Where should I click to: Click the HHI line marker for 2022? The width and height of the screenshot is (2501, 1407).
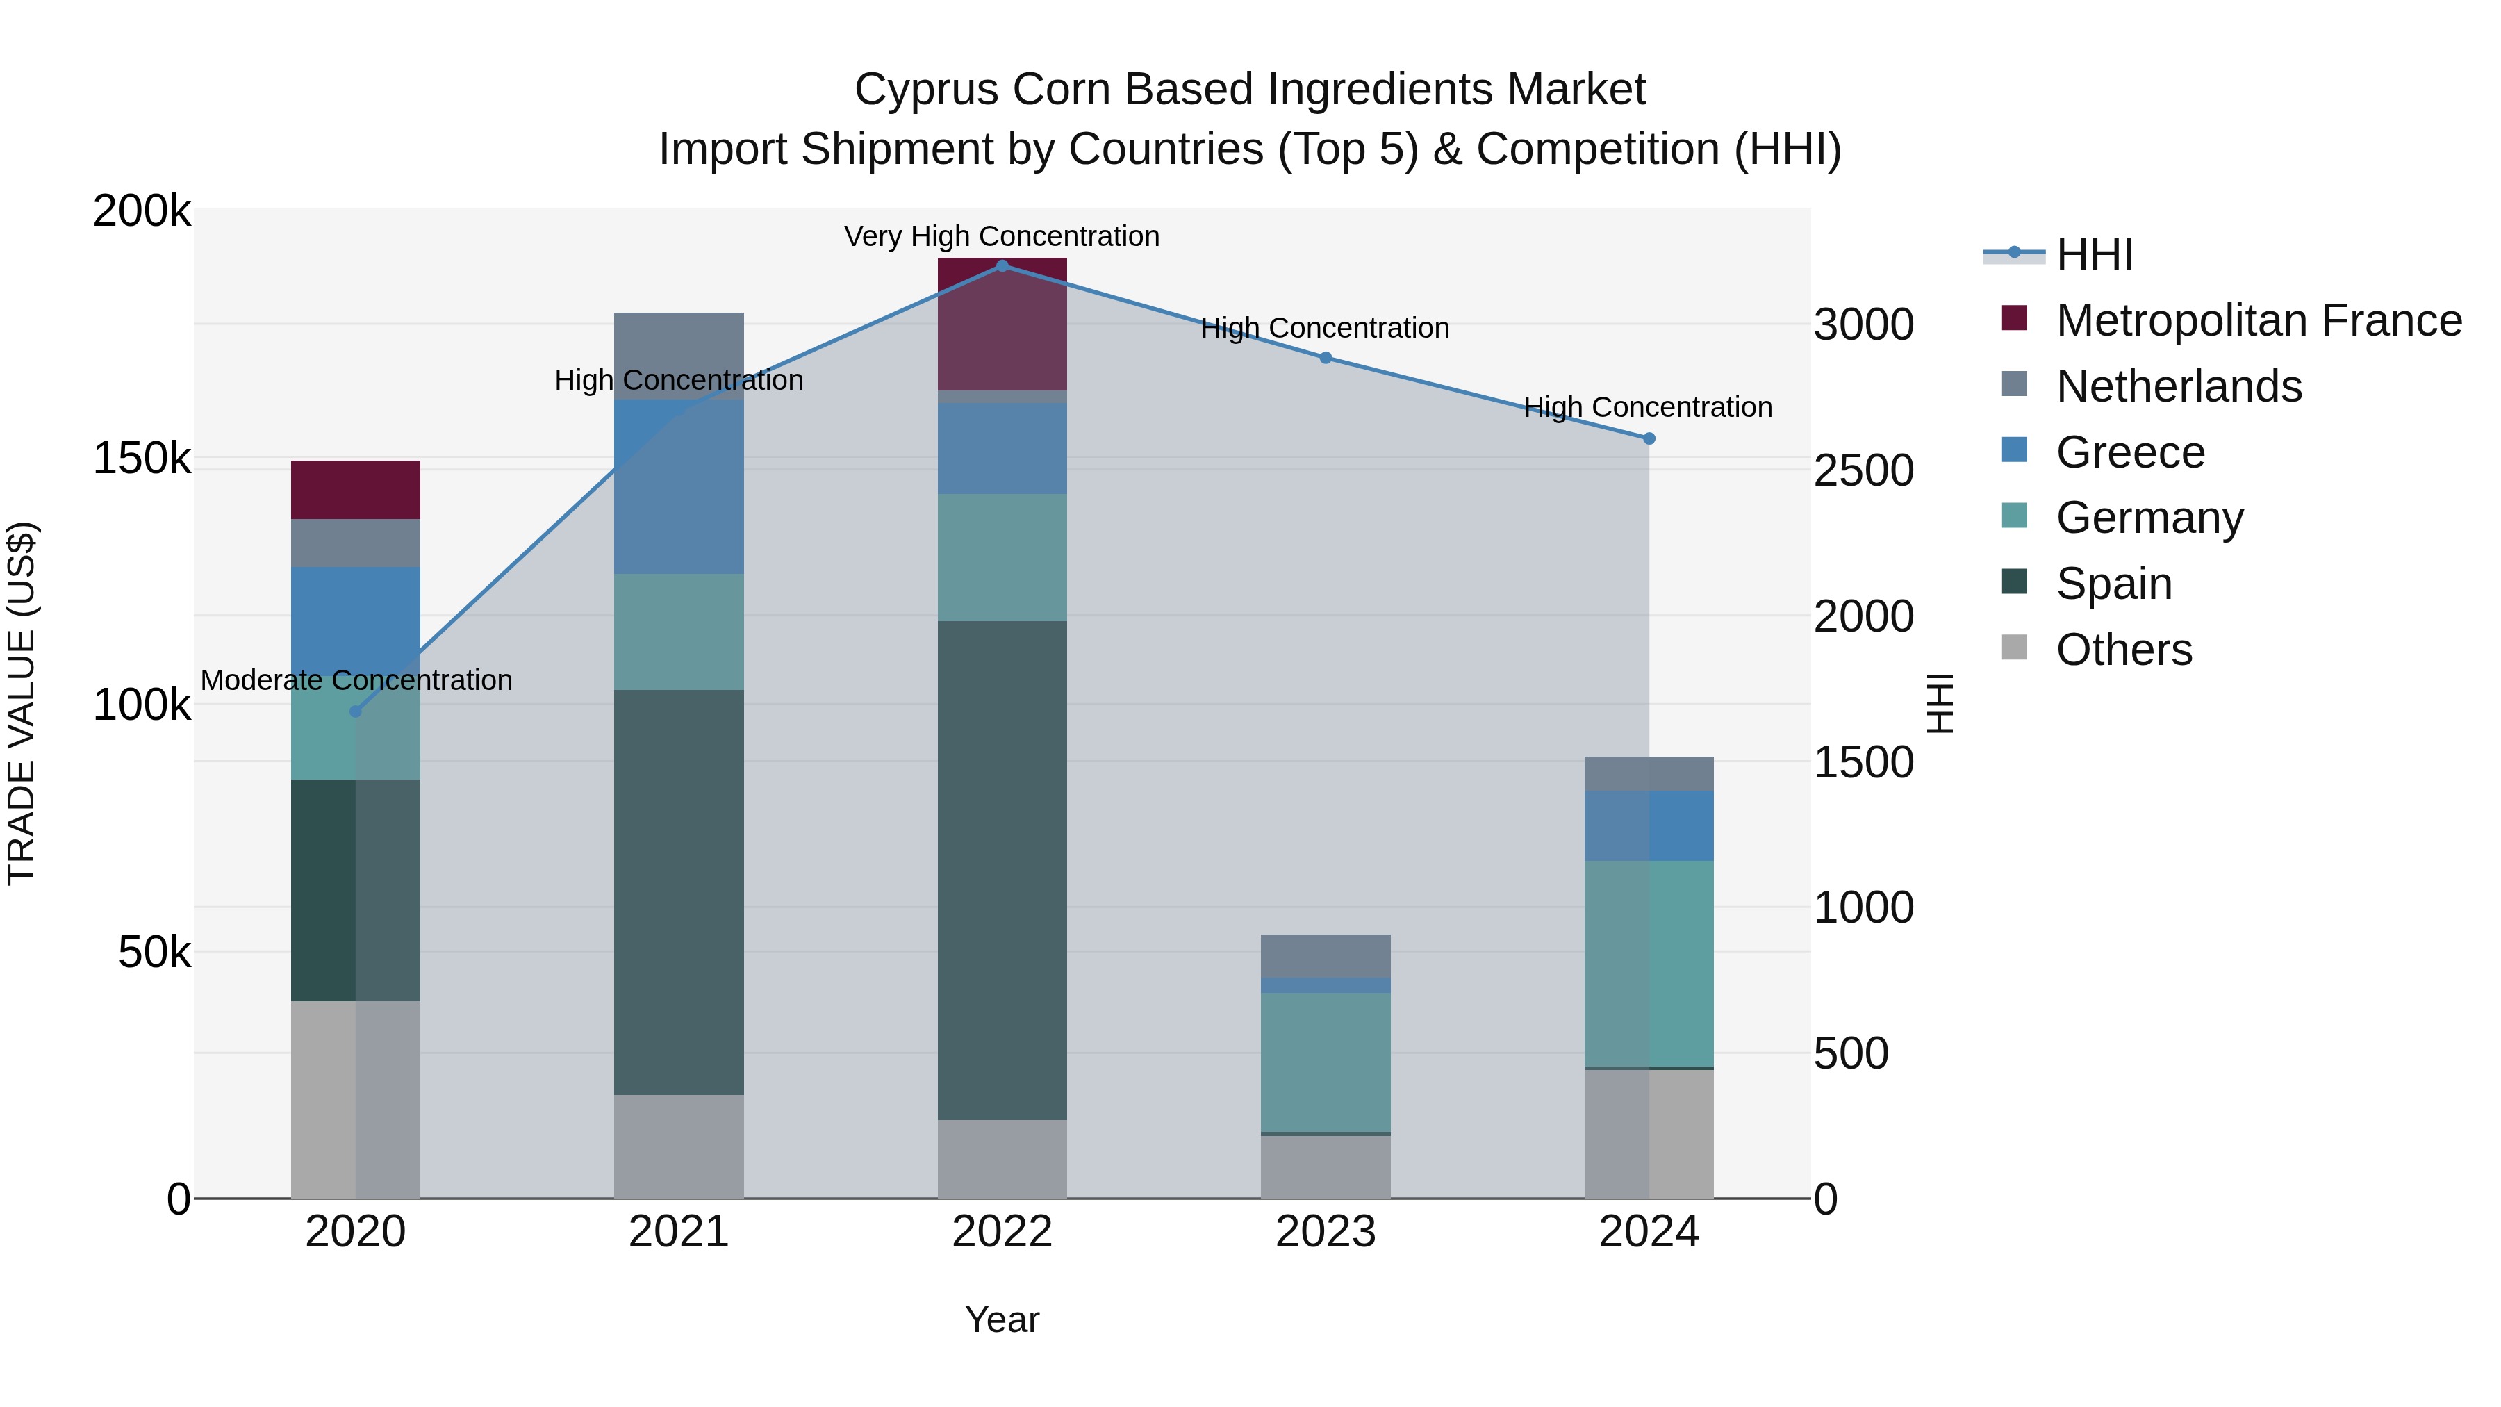[1002, 266]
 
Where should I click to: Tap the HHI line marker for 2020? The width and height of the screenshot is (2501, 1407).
[355, 711]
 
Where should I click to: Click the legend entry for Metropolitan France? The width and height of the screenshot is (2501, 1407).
[2259, 320]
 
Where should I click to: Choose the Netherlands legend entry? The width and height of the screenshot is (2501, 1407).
[2178, 386]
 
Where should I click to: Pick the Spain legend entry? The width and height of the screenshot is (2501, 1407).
[2113, 584]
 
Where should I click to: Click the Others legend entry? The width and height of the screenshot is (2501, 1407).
[2123, 650]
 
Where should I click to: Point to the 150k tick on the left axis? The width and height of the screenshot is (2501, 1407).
[142, 459]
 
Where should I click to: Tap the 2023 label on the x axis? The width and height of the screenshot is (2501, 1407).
[1326, 1232]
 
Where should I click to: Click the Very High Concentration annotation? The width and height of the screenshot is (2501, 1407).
[1001, 237]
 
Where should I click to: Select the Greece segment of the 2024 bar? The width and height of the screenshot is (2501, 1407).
[1649, 825]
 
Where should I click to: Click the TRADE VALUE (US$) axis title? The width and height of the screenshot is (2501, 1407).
[22, 703]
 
